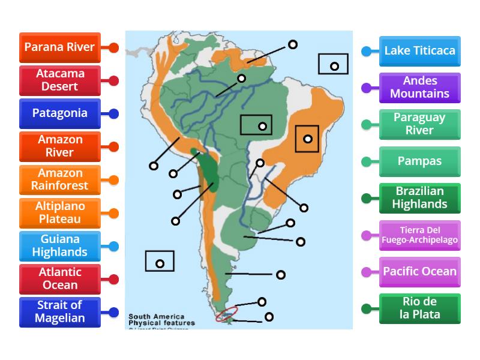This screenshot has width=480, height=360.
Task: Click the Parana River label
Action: pos(59,47)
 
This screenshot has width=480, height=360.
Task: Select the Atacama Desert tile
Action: pos(59,80)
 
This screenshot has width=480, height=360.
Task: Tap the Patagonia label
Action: pos(59,113)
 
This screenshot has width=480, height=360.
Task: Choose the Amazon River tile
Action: pos(59,146)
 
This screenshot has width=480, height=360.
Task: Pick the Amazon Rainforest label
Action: pos(59,179)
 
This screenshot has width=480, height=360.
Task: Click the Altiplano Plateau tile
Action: pos(59,212)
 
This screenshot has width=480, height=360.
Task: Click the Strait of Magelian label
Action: pos(59,312)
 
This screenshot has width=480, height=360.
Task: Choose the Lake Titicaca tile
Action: pos(420,51)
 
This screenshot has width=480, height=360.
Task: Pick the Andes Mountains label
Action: pos(420,88)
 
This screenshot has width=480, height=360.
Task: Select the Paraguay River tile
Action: pos(420,124)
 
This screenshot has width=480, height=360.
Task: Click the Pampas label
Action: pos(420,161)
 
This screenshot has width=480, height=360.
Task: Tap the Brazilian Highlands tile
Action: pos(420,198)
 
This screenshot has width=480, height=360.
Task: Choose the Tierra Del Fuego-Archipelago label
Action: pos(420,235)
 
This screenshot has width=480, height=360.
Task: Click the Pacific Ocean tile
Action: pos(420,272)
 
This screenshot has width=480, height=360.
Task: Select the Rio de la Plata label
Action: pos(420,308)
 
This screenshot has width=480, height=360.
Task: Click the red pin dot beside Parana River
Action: pos(113,47)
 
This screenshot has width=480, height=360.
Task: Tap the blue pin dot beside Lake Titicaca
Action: pos(366,51)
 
